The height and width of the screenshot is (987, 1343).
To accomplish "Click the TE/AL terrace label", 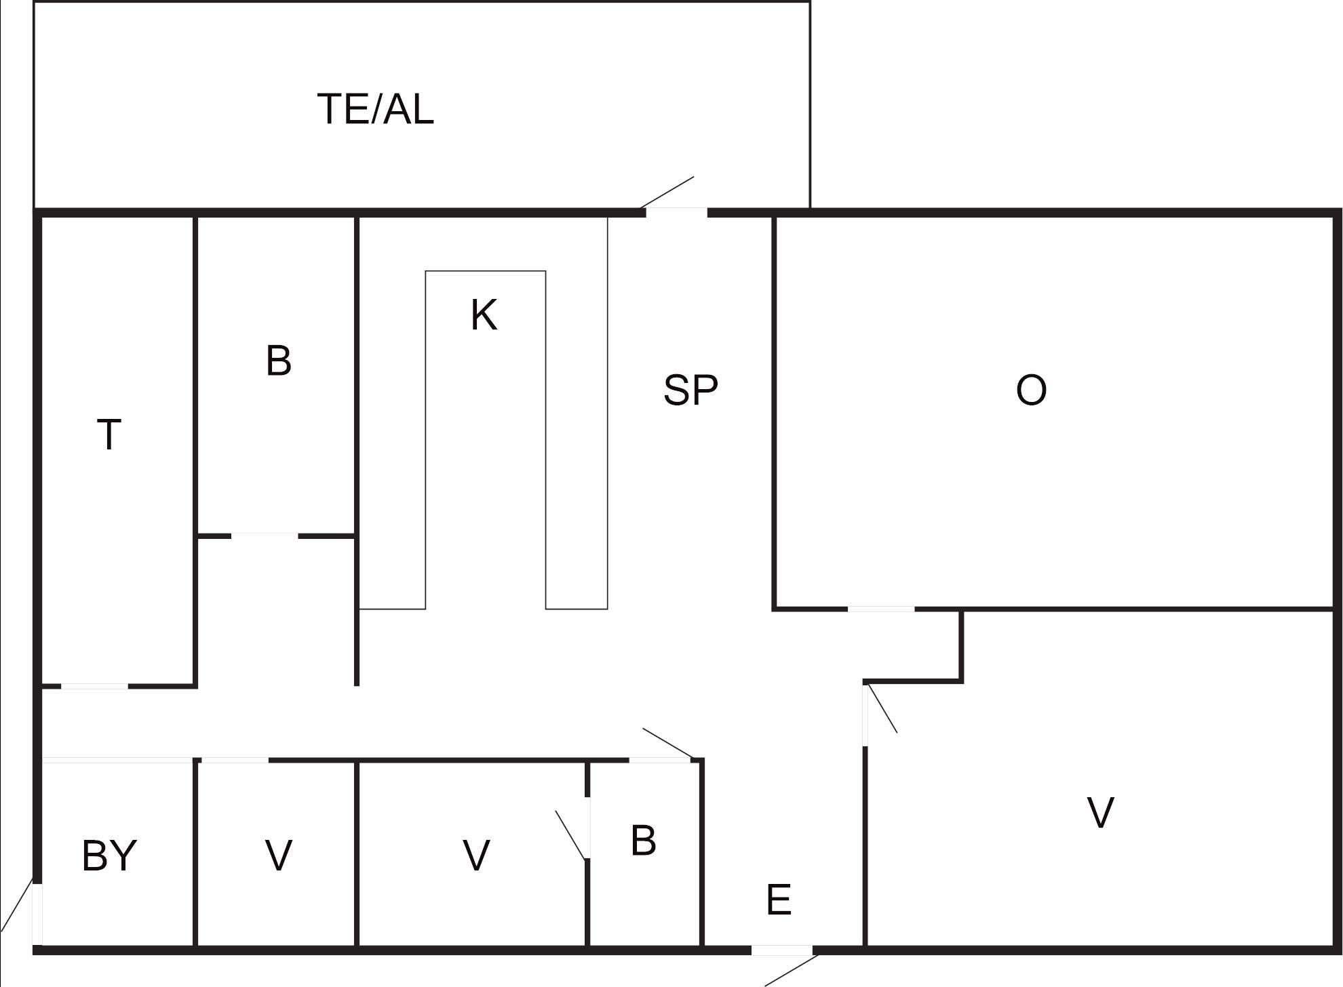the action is click(375, 109).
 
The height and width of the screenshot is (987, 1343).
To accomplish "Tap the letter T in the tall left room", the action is click(109, 435).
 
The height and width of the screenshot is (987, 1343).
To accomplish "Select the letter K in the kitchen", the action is click(484, 315).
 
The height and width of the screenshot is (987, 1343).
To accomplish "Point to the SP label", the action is click(690, 390).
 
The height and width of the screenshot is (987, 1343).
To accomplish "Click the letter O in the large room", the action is click(1031, 390).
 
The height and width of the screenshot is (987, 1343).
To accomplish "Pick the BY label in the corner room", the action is click(109, 855).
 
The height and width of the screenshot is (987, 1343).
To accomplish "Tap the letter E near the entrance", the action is click(779, 900).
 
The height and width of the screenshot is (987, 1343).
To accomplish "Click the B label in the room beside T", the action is click(279, 361).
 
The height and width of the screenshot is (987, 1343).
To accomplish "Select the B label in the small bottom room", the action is click(643, 841).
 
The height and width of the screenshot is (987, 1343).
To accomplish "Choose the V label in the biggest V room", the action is click(1100, 813).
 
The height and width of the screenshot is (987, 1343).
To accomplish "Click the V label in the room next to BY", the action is click(279, 855).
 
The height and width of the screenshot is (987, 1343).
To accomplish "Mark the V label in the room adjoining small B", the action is click(476, 855).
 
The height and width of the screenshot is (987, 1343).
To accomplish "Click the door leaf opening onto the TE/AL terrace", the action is click(667, 193).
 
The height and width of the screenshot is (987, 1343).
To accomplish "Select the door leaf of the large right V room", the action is click(882, 709).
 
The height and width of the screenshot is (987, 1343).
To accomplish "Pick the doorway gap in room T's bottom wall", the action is click(94, 687).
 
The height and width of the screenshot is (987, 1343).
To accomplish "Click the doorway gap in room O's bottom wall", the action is click(881, 609).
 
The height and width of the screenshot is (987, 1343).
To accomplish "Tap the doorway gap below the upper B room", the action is click(265, 536).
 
